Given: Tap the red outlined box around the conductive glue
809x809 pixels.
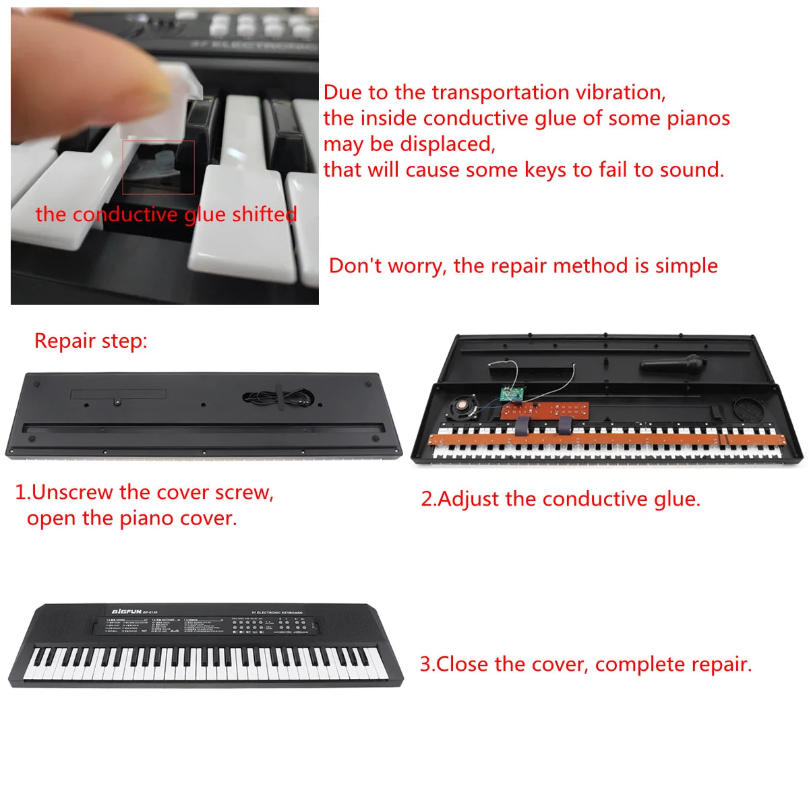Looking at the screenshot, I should click(x=158, y=167).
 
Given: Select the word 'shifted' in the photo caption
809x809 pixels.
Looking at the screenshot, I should click(x=264, y=214).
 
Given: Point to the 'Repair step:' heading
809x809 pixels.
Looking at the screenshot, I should click(x=90, y=341).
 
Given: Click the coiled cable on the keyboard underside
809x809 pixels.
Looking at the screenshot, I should click(x=277, y=398).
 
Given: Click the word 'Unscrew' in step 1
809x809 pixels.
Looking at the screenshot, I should click(x=73, y=493).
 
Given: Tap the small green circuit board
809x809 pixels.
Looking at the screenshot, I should click(x=512, y=394).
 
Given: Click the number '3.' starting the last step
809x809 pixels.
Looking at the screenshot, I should click(x=427, y=665).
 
